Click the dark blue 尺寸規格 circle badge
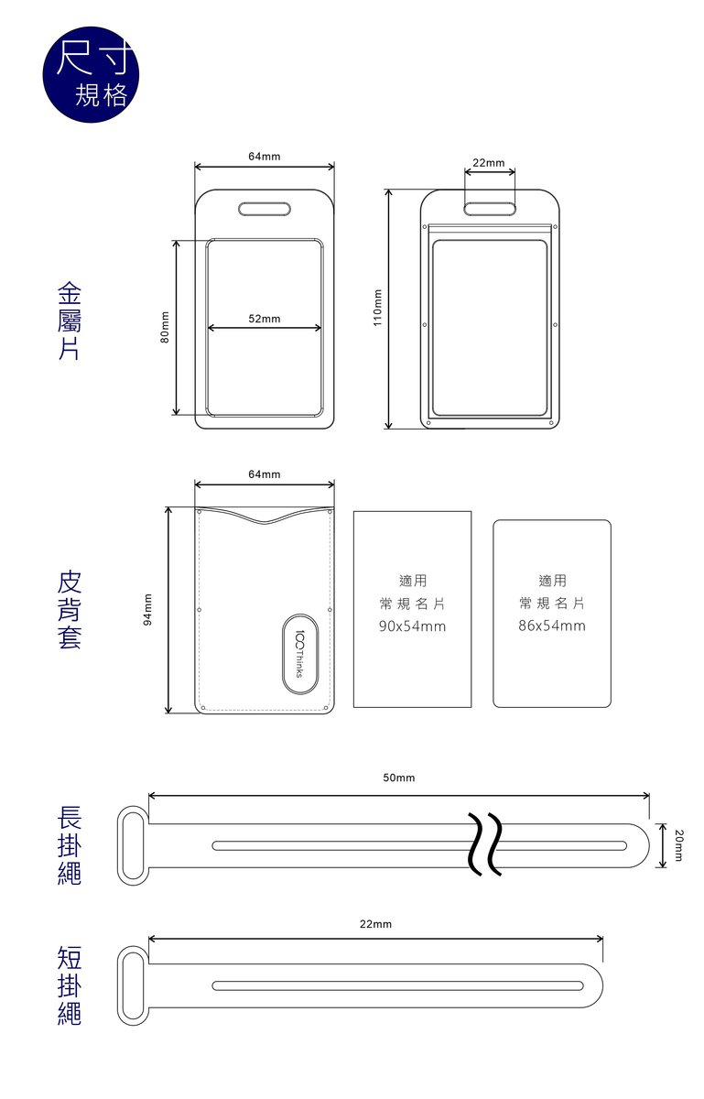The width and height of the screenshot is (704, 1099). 91,74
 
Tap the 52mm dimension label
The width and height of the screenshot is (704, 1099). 265,319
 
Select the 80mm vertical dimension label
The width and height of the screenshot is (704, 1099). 166,327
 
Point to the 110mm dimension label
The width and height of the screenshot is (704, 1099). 377,308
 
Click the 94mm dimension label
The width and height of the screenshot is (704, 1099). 147,610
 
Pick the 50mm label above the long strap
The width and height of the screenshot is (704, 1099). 399,778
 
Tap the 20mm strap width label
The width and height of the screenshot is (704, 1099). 678,845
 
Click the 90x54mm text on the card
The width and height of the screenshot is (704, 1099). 412,626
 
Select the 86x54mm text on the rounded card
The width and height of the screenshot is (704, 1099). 552,626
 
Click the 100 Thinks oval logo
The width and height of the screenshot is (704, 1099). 299,654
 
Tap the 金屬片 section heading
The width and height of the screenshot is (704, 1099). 70,321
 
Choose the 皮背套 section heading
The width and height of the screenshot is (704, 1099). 70,610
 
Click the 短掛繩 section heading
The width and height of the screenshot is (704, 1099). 70,985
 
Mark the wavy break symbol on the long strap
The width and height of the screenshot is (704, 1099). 484,844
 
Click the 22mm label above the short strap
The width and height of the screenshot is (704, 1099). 375,924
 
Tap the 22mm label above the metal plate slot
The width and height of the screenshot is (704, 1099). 489,162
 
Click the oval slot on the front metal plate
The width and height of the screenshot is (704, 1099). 265,209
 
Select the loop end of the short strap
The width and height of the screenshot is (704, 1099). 133,985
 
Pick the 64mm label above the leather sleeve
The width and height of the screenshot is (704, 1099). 265,474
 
